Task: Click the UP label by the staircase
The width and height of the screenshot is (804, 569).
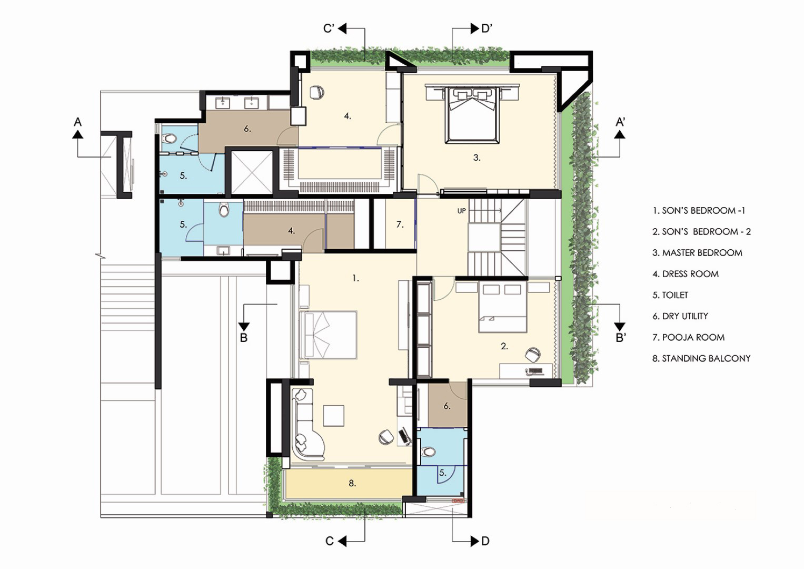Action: click(x=461, y=211)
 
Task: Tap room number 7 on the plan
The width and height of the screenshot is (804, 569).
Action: click(x=400, y=224)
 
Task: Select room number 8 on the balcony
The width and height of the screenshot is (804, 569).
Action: click(x=352, y=483)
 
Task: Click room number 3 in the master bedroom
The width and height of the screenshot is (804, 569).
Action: click(x=477, y=158)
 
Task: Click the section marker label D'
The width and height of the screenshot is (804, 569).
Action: click(x=486, y=28)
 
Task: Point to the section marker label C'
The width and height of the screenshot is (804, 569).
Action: click(x=329, y=28)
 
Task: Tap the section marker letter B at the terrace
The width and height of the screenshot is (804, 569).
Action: click(x=244, y=338)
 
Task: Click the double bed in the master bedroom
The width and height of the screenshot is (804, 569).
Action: click(x=472, y=114)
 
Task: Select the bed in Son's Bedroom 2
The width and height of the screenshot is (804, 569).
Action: click(x=502, y=307)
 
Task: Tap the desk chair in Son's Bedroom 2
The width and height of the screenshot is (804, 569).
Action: click(x=533, y=354)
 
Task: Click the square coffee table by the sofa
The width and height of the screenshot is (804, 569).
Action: click(x=333, y=416)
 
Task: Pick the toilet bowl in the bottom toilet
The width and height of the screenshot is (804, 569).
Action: click(x=428, y=451)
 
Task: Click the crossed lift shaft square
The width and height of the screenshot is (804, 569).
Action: click(x=252, y=173)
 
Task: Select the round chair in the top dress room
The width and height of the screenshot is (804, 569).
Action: click(x=316, y=92)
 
